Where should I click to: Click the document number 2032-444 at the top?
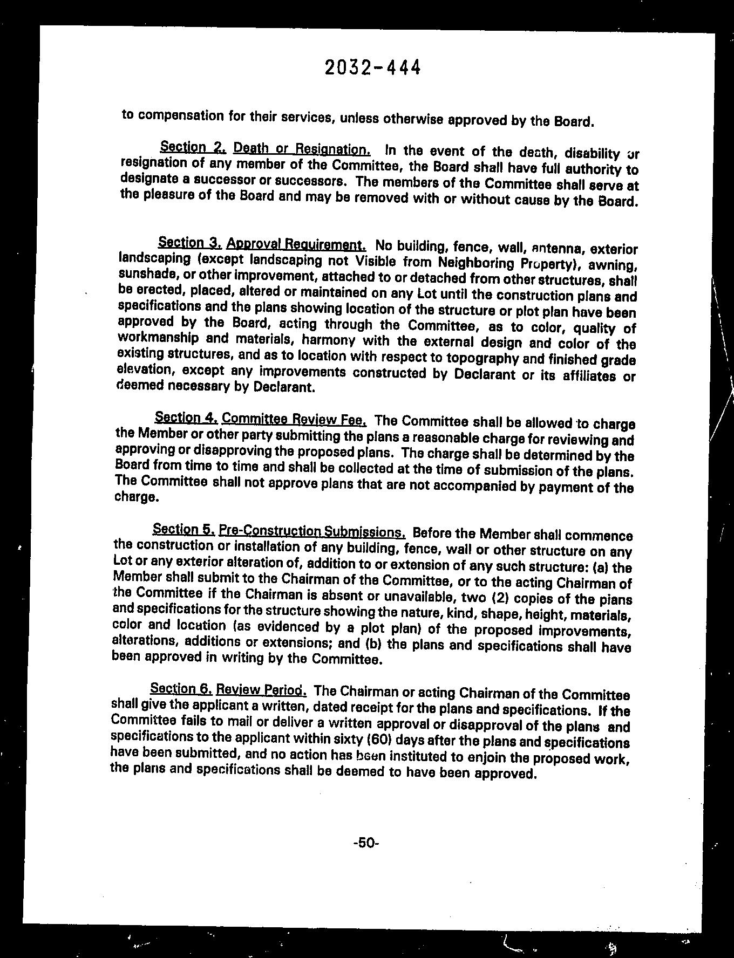point(372,67)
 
